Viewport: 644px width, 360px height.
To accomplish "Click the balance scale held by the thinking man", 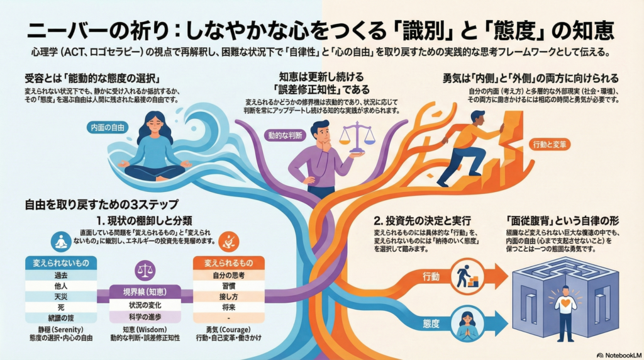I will coord(357,137).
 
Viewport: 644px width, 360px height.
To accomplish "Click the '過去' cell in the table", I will coord(60,275).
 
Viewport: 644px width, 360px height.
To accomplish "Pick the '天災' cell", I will coord(60,296).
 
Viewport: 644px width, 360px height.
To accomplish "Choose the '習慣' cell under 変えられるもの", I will coord(220,285).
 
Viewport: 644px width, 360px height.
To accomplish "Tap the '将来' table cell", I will coord(220,307).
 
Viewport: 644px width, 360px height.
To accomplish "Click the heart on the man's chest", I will coord(565,303).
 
